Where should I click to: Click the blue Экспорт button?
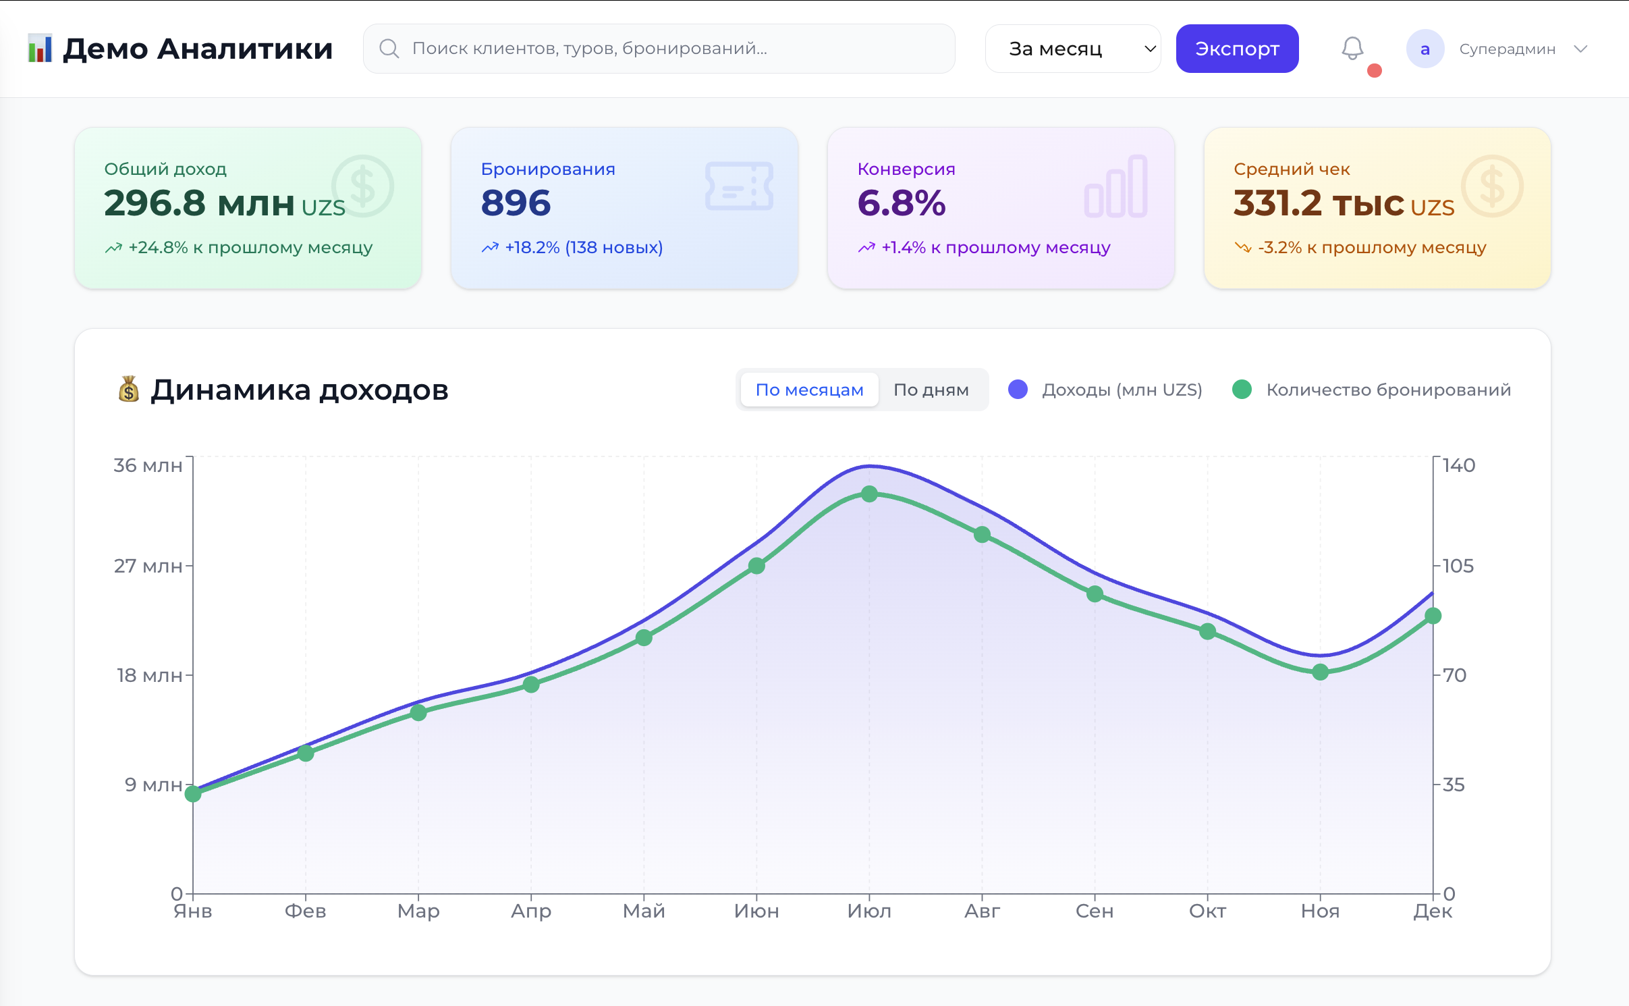pos(1236,49)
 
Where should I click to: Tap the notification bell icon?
pos(1352,49)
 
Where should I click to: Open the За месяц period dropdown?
pos(1072,49)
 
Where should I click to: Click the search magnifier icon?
pos(389,49)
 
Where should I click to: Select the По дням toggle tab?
pos(931,390)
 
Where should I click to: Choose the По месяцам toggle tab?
pos(809,390)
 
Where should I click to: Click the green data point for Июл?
pos(869,494)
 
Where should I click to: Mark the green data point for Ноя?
pos(1320,672)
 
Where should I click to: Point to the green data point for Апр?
pos(531,685)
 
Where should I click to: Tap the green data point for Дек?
pos(1433,616)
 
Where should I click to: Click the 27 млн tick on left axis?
pos(148,566)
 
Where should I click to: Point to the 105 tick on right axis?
pos(1458,566)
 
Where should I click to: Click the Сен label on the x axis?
pos(1094,911)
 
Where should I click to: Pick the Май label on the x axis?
pos(643,911)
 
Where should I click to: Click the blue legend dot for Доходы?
pos(1018,390)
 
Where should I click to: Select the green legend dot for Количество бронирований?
pos(1242,390)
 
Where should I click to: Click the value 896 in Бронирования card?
pos(516,203)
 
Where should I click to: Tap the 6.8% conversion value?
pos(902,203)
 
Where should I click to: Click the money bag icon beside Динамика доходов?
pos(128,390)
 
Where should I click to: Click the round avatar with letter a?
pos(1425,49)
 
